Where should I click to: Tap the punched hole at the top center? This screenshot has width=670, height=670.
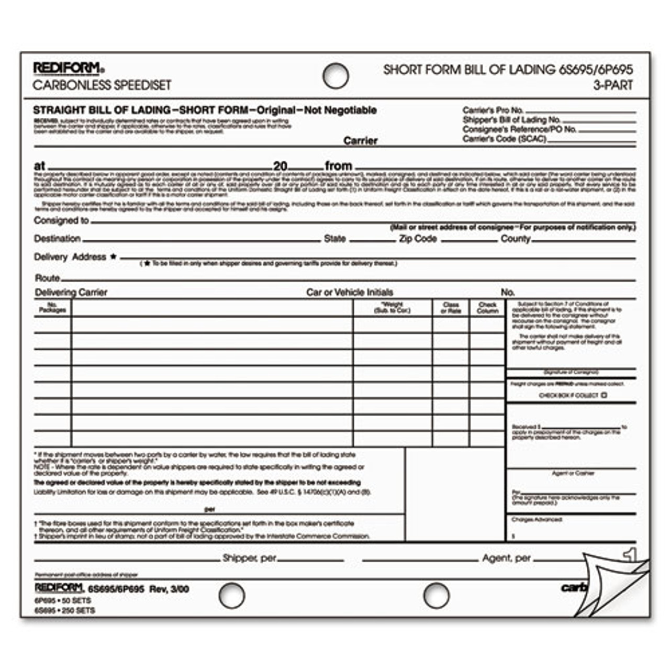click(x=336, y=76)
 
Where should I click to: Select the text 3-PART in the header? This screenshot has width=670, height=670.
click(x=613, y=85)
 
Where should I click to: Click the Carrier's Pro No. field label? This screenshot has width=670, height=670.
click(x=493, y=110)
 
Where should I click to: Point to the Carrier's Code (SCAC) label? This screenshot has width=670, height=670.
click(x=505, y=139)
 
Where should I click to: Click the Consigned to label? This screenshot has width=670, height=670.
click(x=61, y=221)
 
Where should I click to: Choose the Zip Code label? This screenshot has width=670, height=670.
click(x=418, y=239)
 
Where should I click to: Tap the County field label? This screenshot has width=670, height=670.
click(x=516, y=239)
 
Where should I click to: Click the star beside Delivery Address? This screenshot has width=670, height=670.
click(x=113, y=256)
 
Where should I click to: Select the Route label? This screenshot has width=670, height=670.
click(x=47, y=278)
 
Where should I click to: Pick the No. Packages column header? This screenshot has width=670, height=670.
click(x=52, y=307)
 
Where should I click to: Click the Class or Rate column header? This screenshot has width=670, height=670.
click(x=451, y=308)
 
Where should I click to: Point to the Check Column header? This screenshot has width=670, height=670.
click(x=487, y=308)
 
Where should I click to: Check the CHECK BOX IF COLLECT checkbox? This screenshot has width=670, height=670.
click(x=604, y=396)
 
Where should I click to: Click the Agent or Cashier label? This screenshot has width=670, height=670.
click(x=573, y=473)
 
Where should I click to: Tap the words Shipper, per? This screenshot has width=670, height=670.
click(x=249, y=559)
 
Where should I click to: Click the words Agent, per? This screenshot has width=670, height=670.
click(x=506, y=559)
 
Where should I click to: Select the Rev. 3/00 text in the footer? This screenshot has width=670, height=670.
click(x=169, y=589)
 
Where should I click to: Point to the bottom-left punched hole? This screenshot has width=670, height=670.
click(x=231, y=596)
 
